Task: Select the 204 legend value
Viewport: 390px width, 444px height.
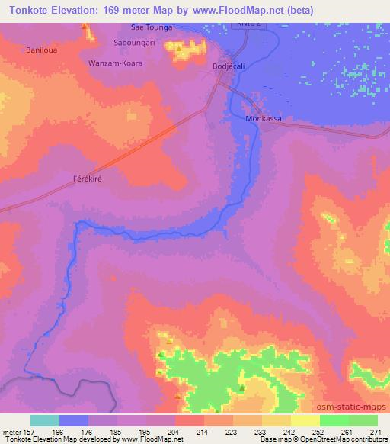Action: [x=175, y=432]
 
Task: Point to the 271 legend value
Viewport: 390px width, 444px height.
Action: [x=378, y=432]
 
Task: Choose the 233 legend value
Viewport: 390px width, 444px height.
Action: [x=262, y=432]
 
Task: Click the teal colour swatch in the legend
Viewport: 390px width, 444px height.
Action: [x=45, y=420]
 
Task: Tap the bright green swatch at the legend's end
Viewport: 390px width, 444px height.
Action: [x=363, y=420]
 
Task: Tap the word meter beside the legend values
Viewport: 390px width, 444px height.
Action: [x=13, y=432]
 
